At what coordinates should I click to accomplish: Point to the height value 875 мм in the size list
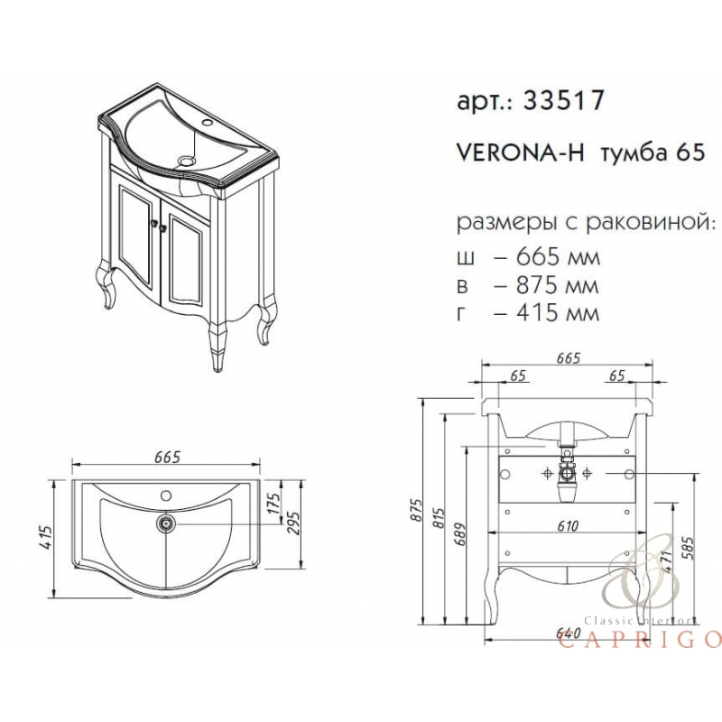[546, 285]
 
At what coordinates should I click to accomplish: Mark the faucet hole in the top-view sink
[165, 495]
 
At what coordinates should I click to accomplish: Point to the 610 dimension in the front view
[567, 526]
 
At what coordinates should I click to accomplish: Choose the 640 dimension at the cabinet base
[567, 634]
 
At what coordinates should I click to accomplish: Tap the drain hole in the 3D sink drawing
[188, 161]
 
